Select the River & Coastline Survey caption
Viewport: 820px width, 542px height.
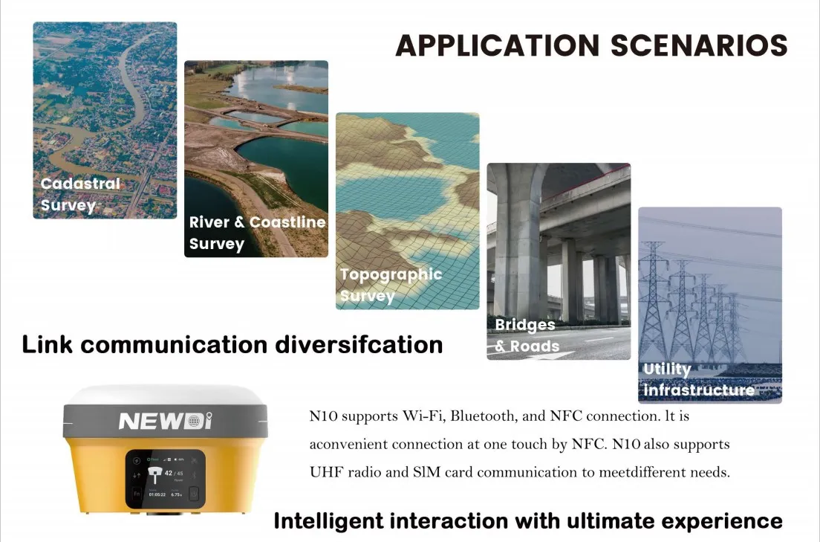pos(257,233)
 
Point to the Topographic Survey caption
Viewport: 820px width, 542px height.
pos(391,285)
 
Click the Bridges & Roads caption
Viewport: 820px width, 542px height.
pos(527,335)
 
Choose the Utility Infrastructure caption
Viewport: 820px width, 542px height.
pos(698,379)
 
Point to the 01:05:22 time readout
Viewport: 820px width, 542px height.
pos(157,494)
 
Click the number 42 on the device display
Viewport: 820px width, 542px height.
pos(169,472)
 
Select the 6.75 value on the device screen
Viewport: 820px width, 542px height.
pos(178,494)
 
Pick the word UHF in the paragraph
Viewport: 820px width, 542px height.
pos(324,472)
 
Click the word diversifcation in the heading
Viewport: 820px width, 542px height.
pos(359,345)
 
